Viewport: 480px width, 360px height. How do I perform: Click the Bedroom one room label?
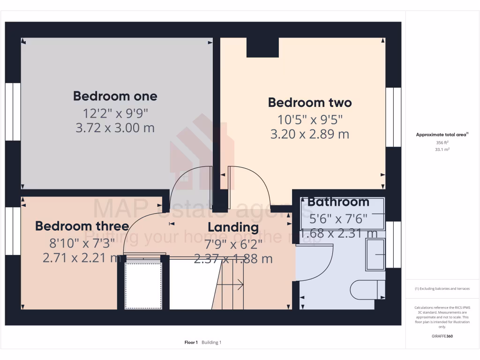click(x=115, y=97)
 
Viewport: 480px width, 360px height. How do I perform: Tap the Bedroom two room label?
click(x=309, y=103)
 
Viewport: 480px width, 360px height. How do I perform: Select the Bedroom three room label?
click(x=82, y=226)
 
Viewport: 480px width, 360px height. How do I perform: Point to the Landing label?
click(x=233, y=227)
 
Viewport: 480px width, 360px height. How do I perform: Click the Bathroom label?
click(x=338, y=202)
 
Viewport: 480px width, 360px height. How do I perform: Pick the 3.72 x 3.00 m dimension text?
click(x=115, y=127)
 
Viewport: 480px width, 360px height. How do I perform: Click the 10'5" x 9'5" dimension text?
click(x=309, y=119)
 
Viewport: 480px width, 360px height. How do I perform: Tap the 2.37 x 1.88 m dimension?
click(x=233, y=258)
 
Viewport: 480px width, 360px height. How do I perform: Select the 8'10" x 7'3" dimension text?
click(x=82, y=242)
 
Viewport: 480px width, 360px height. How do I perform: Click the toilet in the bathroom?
click(x=368, y=289)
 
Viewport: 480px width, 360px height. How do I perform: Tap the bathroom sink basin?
click(x=375, y=255)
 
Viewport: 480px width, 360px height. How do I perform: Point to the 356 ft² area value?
click(x=442, y=142)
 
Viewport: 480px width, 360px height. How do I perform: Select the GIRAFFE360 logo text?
click(x=442, y=336)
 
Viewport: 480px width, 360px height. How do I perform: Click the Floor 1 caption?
click(x=191, y=343)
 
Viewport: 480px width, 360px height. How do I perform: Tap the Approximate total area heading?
click(x=442, y=135)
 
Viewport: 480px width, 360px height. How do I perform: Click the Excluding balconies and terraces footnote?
click(x=442, y=289)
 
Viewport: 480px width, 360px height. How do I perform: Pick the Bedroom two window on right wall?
click(x=393, y=117)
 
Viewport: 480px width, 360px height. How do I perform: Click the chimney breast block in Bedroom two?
click(x=262, y=47)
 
